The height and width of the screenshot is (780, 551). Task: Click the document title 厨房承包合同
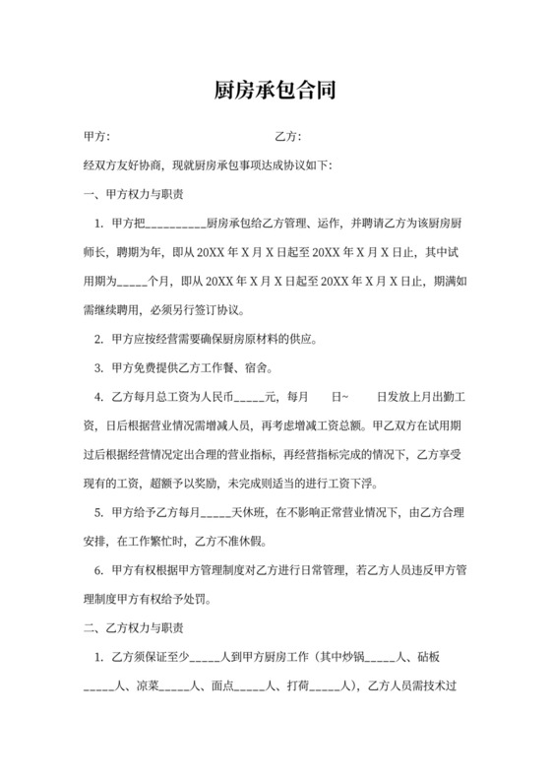point(275,92)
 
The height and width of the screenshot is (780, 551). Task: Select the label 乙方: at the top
point(287,136)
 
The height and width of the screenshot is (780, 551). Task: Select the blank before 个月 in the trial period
point(132,281)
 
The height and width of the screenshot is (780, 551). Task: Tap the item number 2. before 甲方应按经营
point(98,339)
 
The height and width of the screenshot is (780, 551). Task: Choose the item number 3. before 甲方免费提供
point(98,368)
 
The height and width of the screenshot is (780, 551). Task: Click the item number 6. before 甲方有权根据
point(98,569)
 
